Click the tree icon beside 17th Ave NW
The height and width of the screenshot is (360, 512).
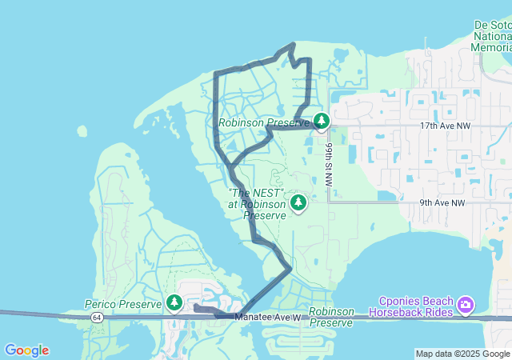(321, 122)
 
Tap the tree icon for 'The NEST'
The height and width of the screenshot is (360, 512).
(298, 203)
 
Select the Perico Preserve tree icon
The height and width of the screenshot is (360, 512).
(174, 302)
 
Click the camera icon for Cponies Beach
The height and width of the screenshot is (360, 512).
(466, 305)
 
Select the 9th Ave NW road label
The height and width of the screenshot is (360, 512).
(442, 203)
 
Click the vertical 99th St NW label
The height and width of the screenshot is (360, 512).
(329, 164)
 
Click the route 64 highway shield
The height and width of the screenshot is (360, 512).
(96, 317)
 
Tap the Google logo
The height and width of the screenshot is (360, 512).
(26, 350)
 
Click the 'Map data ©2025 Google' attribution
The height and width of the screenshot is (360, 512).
(462, 354)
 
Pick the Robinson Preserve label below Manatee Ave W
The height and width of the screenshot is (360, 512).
(330, 317)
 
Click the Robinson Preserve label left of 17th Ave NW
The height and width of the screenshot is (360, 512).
(264, 123)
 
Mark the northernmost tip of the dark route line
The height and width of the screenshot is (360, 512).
(294, 43)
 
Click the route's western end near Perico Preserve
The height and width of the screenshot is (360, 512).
(196, 306)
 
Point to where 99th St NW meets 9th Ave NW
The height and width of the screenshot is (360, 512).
(329, 202)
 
